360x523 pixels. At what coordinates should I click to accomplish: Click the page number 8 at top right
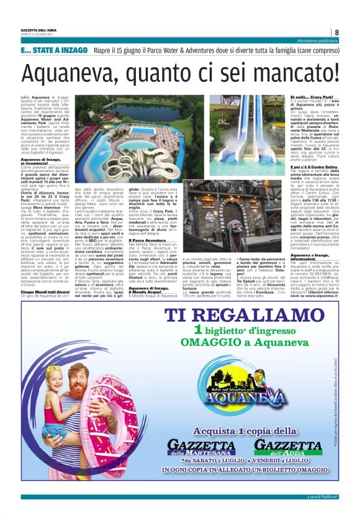pos(336,32)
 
